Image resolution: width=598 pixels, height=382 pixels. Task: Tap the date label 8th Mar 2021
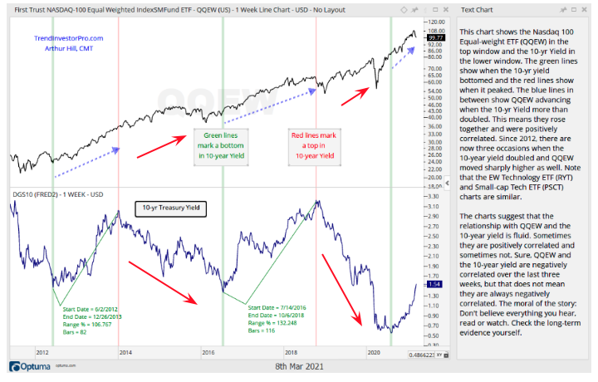(x=298, y=366)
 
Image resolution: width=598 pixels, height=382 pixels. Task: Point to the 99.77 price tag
(x=434, y=38)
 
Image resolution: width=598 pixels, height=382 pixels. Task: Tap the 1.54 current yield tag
(x=434, y=284)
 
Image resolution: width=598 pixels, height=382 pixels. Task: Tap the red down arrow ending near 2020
(x=340, y=287)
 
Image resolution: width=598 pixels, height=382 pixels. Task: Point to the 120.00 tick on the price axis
(x=434, y=22)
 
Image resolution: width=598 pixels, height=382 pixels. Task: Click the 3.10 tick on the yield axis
(x=433, y=204)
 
